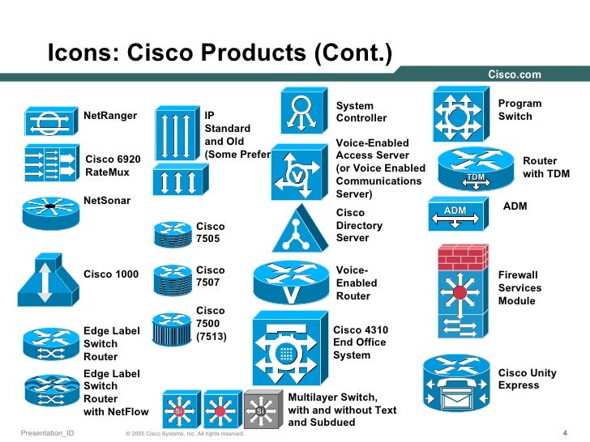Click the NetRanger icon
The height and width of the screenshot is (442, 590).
click(x=49, y=122)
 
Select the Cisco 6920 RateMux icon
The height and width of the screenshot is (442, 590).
click(x=49, y=161)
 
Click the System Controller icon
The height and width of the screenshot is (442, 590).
click(x=301, y=111)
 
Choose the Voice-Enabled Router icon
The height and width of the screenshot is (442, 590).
click(x=289, y=283)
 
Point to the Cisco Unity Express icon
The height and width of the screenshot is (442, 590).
click(x=458, y=382)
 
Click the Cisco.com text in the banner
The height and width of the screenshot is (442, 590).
click(x=514, y=74)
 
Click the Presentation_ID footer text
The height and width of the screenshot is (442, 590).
click(x=47, y=433)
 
